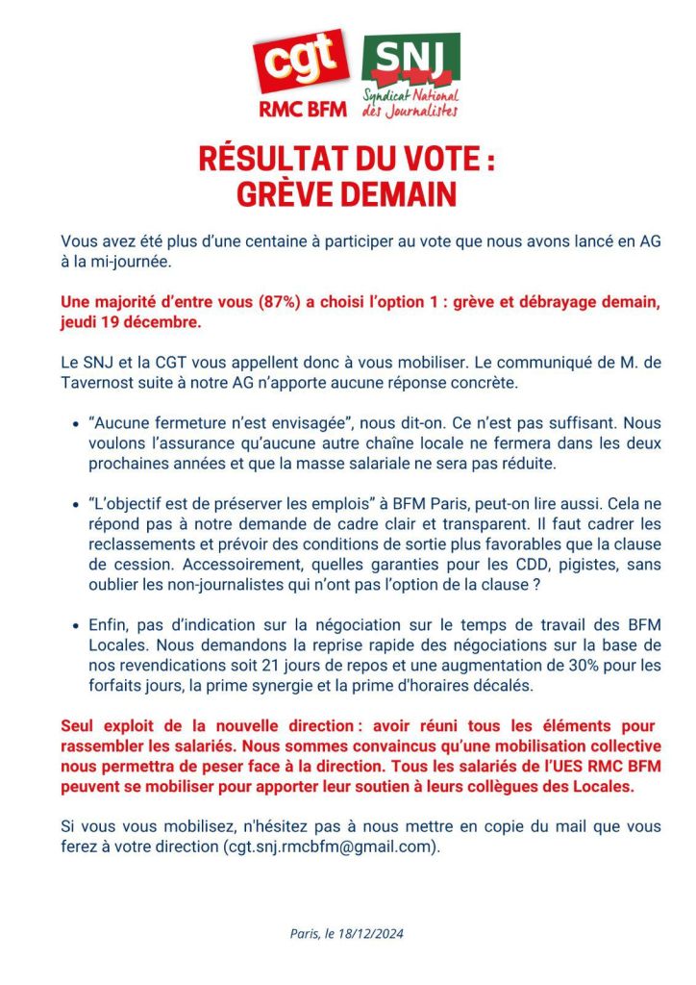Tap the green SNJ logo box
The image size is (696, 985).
pyautogui.click(x=410, y=61)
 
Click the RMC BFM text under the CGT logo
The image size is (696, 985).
pyautogui.click(x=303, y=109)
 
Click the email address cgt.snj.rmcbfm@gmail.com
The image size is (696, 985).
pyautogui.click(x=331, y=846)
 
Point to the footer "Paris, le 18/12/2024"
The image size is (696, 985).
pyautogui.click(x=347, y=933)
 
